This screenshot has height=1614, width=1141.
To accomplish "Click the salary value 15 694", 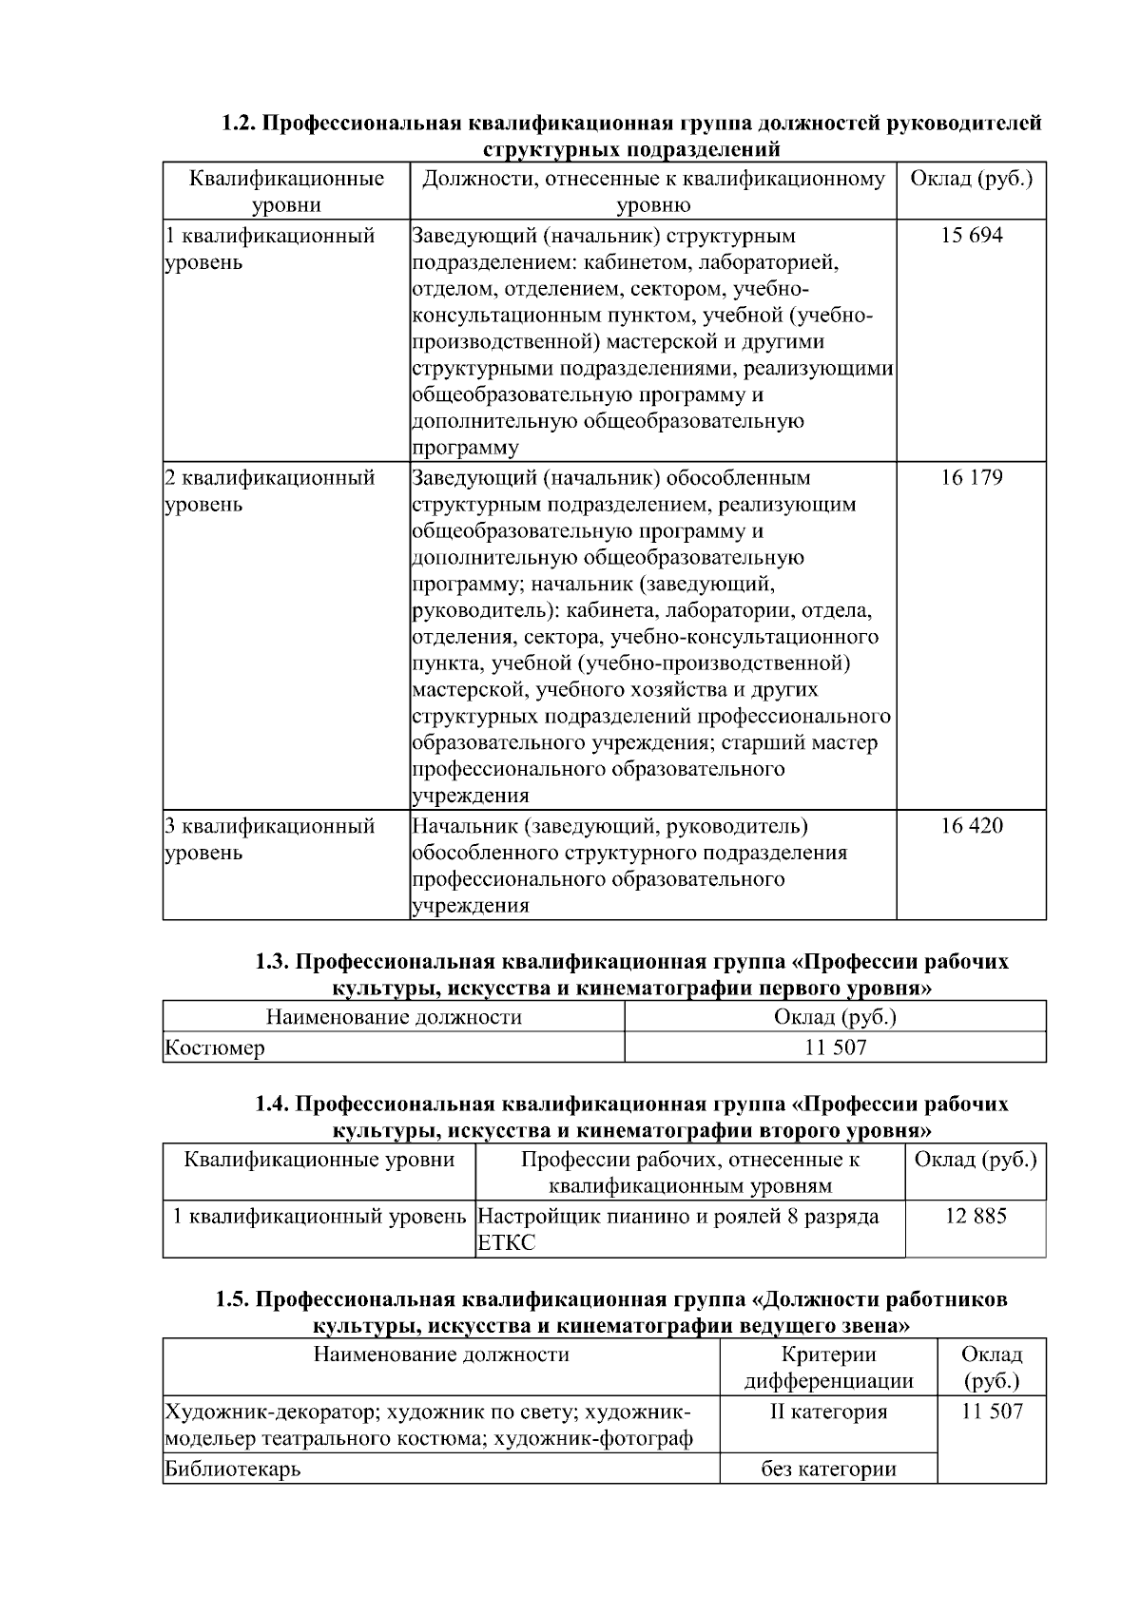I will point(971,236).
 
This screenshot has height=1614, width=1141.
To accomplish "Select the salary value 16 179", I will point(971,478).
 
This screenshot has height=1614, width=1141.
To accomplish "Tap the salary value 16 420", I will point(971,826).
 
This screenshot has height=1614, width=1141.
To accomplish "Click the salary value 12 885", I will point(975,1216).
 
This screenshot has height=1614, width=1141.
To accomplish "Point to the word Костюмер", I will point(215,1048).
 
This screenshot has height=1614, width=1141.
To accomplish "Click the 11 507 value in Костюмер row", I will point(835,1048).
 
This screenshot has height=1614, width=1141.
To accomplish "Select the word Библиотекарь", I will point(233,1470).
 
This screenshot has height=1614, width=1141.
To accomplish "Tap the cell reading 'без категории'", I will point(828,1470).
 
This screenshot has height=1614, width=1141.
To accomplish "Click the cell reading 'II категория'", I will point(828,1412).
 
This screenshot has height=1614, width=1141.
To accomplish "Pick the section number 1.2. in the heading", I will point(239,124).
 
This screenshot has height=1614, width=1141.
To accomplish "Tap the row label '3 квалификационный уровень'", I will point(269,839).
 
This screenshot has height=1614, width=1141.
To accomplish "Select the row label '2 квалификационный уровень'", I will point(269,491).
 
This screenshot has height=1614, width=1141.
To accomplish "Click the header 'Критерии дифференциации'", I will point(828,1368).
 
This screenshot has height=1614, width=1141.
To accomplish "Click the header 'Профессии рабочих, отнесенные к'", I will point(690,1160).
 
